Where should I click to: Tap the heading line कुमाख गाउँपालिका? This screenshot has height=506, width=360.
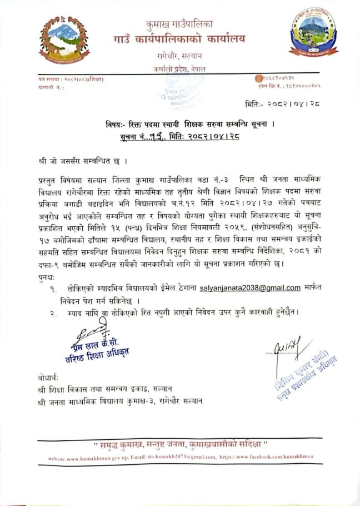(x=179, y=24)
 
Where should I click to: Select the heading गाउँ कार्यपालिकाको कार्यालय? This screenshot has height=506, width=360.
(x=179, y=39)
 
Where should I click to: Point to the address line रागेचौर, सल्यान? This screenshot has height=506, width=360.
(x=179, y=56)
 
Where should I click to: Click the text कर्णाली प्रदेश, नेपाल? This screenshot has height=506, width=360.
(x=179, y=68)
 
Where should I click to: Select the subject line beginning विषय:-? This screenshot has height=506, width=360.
(x=179, y=124)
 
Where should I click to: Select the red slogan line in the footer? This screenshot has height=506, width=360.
(x=180, y=445)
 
